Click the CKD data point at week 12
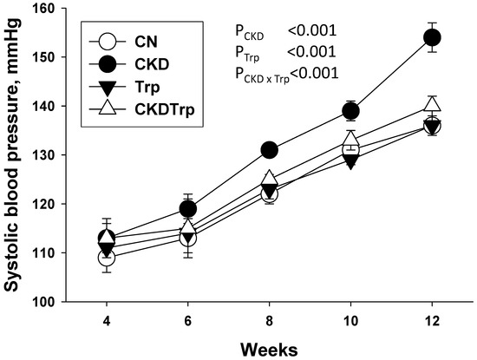[432, 37]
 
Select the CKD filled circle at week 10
[350, 111]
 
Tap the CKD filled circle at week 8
[269, 150]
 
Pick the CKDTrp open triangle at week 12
[432, 104]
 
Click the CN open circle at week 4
[107, 258]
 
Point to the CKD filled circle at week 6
[188, 209]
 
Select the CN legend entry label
[146, 42]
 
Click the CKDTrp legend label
[164, 109]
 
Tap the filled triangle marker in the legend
[108, 88]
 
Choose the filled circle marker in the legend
[108, 64]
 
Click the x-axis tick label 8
[269, 321]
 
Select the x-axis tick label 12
[432, 321]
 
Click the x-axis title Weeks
[269, 350]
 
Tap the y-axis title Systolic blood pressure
[12, 155]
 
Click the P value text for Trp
[285, 53]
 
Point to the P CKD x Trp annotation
[287, 75]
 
